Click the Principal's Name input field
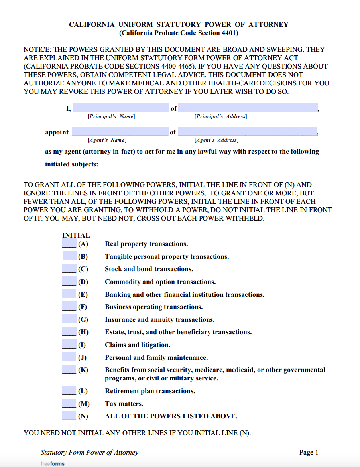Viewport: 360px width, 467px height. pos(120,108)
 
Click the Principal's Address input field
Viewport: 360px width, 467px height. pos(248,108)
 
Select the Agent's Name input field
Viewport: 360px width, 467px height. pos(120,132)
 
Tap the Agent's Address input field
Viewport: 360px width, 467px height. pos(247,132)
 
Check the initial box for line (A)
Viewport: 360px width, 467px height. pos(69,244)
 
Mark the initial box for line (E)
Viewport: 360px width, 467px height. pos(69,294)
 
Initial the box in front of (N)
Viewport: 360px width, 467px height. pos(69,416)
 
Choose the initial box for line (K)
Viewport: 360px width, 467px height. pos(69,370)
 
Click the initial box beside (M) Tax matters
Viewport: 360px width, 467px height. pos(69,404)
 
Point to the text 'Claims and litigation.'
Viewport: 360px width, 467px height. pos(138,345)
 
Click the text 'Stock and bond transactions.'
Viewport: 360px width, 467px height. pos(149,269)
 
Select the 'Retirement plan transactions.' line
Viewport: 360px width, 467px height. pos(150,391)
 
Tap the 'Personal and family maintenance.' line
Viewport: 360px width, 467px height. pos(156,358)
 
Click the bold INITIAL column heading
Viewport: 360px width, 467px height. pos(76,235)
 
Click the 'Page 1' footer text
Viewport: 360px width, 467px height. pos(309,452)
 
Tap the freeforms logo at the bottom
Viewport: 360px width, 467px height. pos(52,463)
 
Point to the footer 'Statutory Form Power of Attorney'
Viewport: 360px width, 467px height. pos(89,452)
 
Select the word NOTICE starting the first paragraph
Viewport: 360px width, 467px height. pos(37,50)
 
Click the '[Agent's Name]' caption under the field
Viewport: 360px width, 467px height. pos(107,140)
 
